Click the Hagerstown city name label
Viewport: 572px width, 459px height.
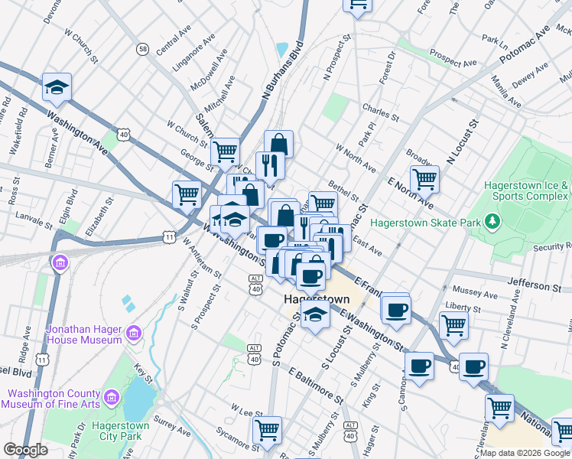(x=316, y=298)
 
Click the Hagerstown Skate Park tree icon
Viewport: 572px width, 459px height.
(x=493, y=223)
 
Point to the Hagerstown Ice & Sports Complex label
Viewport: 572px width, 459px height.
(x=526, y=190)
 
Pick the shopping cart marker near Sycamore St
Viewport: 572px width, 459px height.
(x=267, y=430)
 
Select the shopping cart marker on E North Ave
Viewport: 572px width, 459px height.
(x=424, y=180)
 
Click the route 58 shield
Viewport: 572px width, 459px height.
(x=143, y=49)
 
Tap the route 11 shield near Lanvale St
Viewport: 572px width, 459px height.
(x=167, y=238)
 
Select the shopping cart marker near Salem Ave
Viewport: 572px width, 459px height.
(x=225, y=151)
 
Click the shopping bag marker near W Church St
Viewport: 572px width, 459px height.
(x=278, y=144)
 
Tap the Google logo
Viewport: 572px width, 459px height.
(x=26, y=450)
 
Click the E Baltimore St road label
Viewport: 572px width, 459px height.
(x=317, y=381)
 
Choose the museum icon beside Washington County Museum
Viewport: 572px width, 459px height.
(x=112, y=398)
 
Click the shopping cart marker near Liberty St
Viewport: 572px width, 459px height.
(x=453, y=324)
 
